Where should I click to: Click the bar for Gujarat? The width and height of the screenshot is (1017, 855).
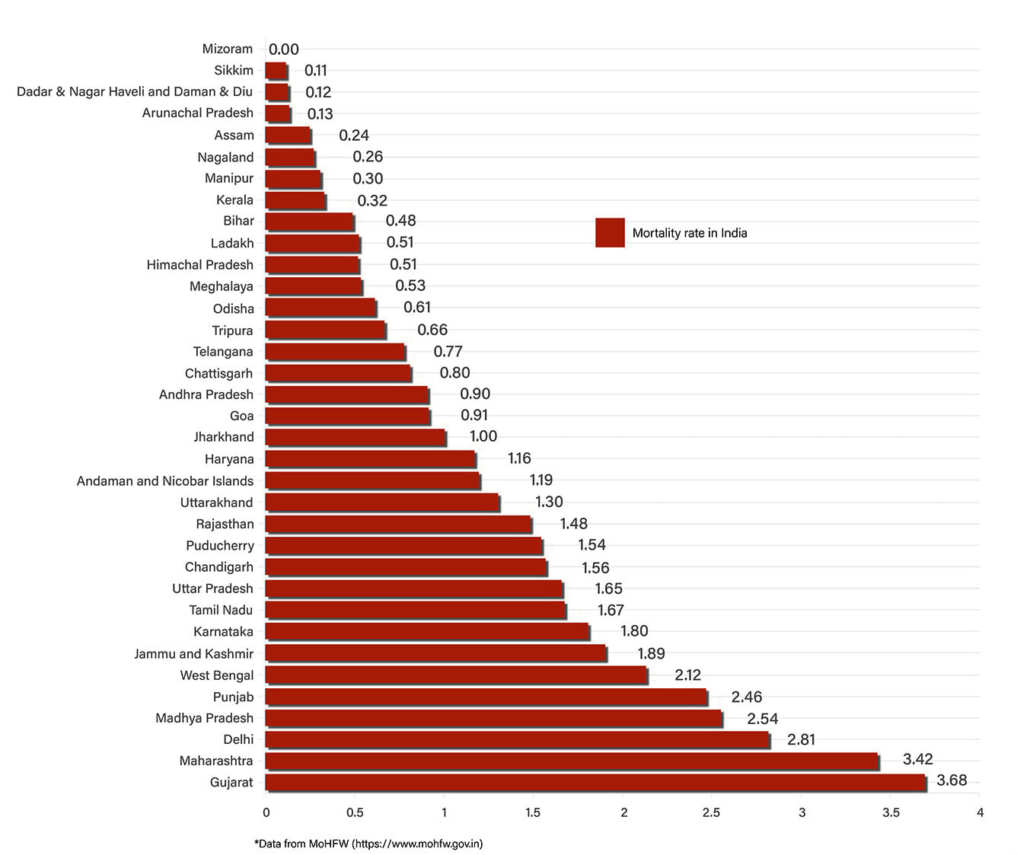[x=595, y=782]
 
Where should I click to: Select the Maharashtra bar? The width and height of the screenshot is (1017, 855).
[x=572, y=761]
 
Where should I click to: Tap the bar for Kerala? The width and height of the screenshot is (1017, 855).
[x=295, y=200]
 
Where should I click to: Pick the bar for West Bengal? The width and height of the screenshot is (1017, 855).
[x=456, y=675]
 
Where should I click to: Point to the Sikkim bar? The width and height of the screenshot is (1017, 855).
[x=276, y=71]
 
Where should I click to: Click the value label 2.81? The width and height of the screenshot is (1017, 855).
[x=801, y=739]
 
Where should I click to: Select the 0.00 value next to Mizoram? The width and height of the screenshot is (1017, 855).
[x=284, y=49]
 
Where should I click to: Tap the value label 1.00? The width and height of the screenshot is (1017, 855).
[x=483, y=436]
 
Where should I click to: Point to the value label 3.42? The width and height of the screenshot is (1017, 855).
[x=917, y=759]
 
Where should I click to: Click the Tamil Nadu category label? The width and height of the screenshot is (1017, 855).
[x=221, y=610]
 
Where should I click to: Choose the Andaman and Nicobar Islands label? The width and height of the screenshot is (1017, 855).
[x=165, y=481]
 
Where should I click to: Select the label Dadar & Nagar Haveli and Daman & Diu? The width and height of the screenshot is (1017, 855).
[x=135, y=91]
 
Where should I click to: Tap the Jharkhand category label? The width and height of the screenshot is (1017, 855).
[x=224, y=437]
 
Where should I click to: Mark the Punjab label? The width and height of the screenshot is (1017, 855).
[x=233, y=697]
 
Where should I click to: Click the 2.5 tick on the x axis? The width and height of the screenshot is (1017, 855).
[x=711, y=812]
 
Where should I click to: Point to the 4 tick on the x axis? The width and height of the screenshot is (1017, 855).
[x=980, y=812]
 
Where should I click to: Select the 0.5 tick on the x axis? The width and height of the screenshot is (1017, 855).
[x=355, y=812]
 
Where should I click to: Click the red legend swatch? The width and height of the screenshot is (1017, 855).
[x=610, y=233]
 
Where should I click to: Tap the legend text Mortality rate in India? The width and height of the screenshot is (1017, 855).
[x=690, y=233]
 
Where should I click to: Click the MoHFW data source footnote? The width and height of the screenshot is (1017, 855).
[x=368, y=844]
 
